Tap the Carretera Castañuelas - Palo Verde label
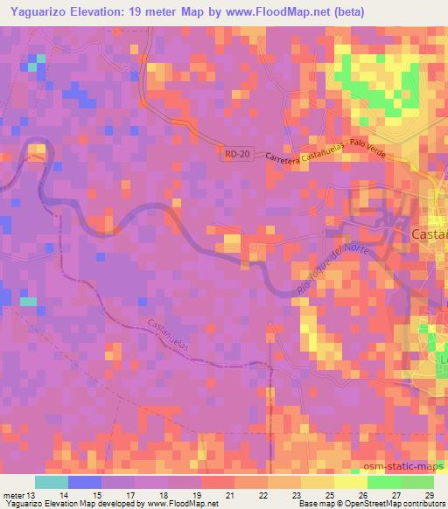(x=321, y=154)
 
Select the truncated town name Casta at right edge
(x=429, y=234)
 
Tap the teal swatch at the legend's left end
(x=52, y=482)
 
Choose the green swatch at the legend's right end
(x=417, y=482)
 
